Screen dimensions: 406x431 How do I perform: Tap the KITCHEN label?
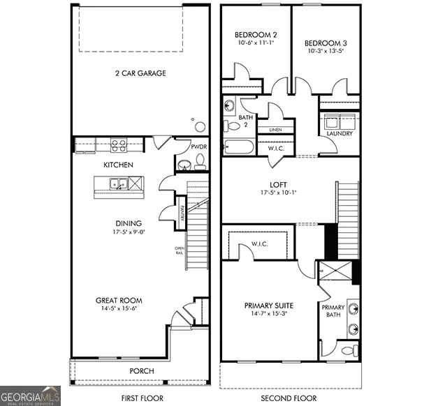coord(119,165)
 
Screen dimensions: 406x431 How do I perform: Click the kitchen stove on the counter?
coord(119,146)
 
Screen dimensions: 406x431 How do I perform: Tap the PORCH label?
coord(142,370)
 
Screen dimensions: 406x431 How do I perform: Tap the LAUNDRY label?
coord(339,133)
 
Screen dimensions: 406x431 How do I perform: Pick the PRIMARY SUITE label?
coord(269,306)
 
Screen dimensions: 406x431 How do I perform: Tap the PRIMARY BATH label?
coord(333,311)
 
